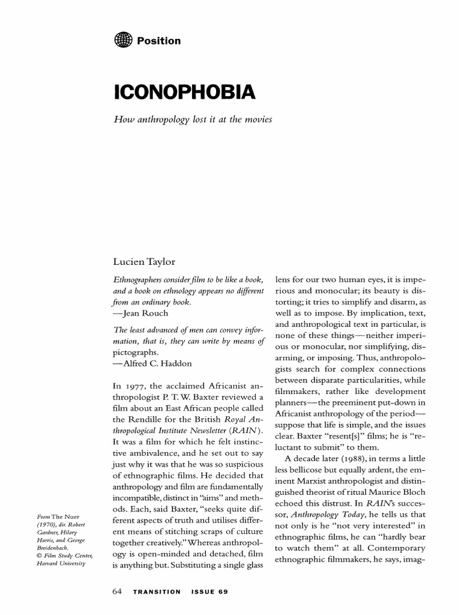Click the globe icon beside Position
pyautogui.click(x=122, y=40)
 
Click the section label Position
pyautogui.click(x=158, y=41)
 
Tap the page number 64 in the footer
pyautogui.click(x=118, y=592)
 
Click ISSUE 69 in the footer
pyautogui.click(x=209, y=592)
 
